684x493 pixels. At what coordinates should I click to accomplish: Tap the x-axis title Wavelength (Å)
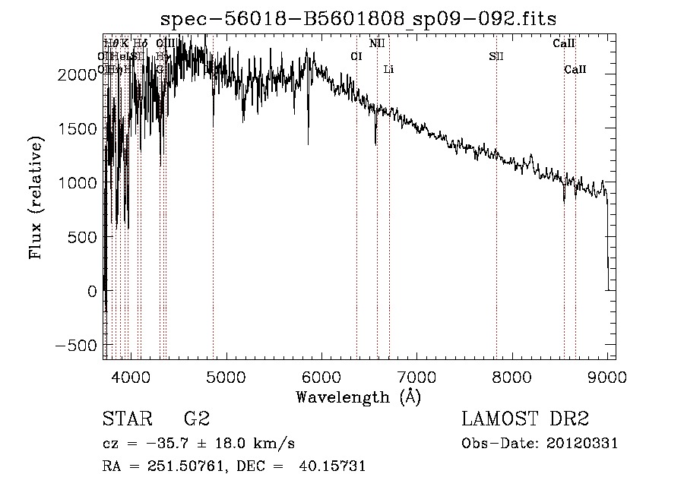(358, 397)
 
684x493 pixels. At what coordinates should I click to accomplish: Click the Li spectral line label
(388, 70)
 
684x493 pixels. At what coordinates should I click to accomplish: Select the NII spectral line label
(377, 43)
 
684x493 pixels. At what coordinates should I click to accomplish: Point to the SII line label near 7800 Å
(496, 56)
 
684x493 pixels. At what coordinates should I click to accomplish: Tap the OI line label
(356, 56)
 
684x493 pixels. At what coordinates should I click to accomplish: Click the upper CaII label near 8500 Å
(563, 43)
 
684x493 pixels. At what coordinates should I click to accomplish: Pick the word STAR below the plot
(125, 419)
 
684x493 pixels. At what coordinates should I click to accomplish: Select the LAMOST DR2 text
(525, 419)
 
